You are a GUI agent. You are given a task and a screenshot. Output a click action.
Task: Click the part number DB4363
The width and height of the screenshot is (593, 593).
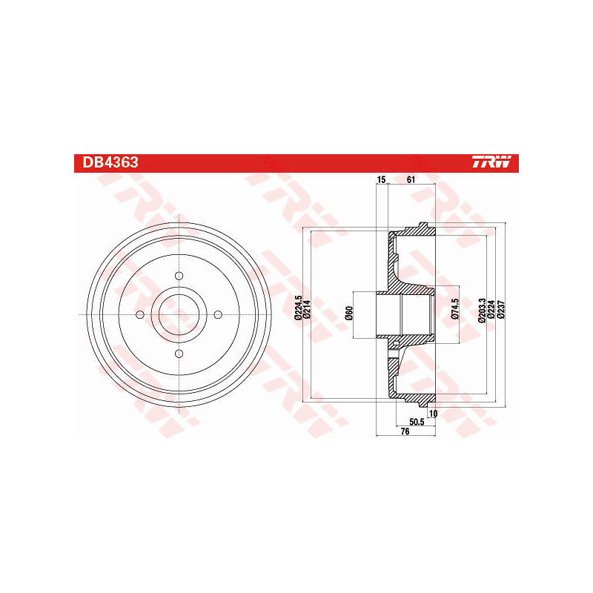point(110,162)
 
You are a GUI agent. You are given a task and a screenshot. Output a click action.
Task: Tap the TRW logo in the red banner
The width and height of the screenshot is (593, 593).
point(491,162)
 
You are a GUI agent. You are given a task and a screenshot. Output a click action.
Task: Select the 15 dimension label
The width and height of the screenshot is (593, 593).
point(382,179)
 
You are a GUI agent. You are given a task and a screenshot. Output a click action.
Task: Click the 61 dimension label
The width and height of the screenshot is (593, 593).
point(411,179)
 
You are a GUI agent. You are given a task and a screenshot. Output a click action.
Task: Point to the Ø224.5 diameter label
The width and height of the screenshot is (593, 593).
point(299,308)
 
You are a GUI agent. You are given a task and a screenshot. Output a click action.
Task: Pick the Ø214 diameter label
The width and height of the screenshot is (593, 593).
point(307,309)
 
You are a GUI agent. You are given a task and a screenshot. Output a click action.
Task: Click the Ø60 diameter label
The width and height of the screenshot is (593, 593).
point(349,313)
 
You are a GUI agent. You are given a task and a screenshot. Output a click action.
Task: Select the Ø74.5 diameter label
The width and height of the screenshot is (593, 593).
point(455,309)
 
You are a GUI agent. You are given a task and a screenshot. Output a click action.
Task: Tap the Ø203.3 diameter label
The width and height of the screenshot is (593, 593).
point(482,310)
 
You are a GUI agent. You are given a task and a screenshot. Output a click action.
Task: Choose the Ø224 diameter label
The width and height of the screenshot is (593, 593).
point(491,310)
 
